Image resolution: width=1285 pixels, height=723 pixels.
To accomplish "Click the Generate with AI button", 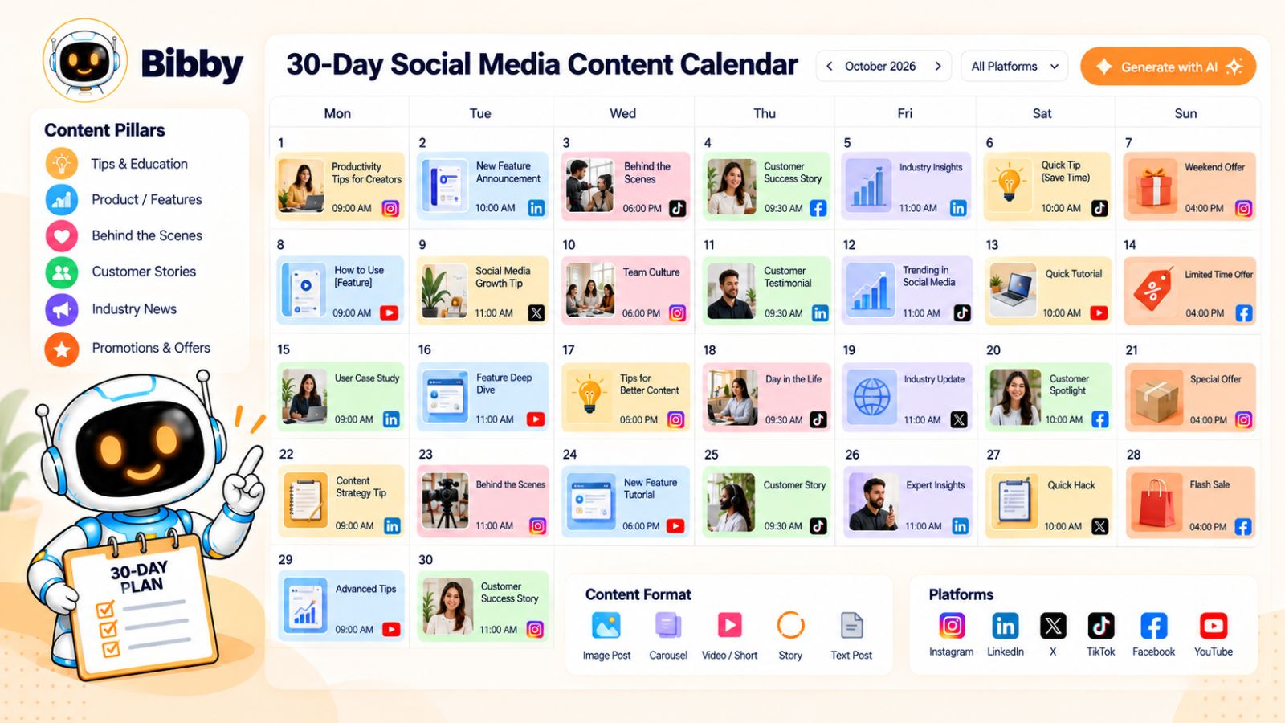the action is pyautogui.click(x=1168, y=67).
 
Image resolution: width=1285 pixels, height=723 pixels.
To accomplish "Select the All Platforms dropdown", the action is pyautogui.click(x=1014, y=67).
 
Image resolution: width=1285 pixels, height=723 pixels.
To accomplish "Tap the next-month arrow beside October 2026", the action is pyautogui.click(x=938, y=67).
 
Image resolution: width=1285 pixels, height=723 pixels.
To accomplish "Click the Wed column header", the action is pyautogui.click(x=622, y=113).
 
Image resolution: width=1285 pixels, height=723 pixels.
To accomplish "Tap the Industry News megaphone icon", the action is pyautogui.click(x=61, y=310).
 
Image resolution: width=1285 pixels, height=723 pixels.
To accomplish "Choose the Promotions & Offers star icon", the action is pyautogui.click(x=61, y=349).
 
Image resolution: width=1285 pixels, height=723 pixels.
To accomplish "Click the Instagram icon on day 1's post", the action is pyautogui.click(x=390, y=208).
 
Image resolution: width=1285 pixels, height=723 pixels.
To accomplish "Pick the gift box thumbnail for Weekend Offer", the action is pyautogui.click(x=1154, y=186).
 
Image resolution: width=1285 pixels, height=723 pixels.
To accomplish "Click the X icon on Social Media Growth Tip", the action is pyautogui.click(x=536, y=313).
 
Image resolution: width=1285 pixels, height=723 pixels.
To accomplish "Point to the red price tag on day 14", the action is pyautogui.click(x=1152, y=290).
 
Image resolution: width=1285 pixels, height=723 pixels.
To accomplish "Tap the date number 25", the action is pyautogui.click(x=712, y=455).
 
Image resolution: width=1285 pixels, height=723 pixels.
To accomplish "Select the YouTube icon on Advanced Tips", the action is pyautogui.click(x=391, y=630).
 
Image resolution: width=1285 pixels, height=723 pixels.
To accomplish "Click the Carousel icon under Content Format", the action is pyautogui.click(x=667, y=626).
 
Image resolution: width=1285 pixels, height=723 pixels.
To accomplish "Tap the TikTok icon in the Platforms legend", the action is pyautogui.click(x=1101, y=626).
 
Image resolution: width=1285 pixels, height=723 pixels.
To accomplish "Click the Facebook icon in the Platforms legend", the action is pyautogui.click(x=1153, y=626).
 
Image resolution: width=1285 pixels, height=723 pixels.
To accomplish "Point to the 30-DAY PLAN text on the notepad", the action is pyautogui.click(x=140, y=578).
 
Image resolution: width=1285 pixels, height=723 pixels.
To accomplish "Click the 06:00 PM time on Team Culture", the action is pyautogui.click(x=642, y=313).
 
